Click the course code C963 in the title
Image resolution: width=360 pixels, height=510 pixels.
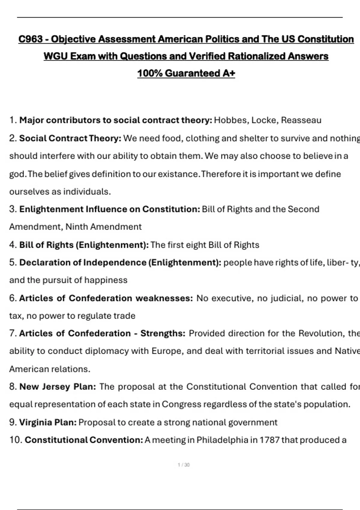click(30, 39)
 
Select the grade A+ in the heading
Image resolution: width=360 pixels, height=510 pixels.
click(229, 73)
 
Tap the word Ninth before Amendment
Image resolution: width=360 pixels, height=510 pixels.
click(76, 227)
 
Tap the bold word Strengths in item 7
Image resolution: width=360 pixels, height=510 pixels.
click(163, 333)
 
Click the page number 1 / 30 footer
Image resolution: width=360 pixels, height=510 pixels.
click(184, 465)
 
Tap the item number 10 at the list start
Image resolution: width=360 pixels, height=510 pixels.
click(15, 440)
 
